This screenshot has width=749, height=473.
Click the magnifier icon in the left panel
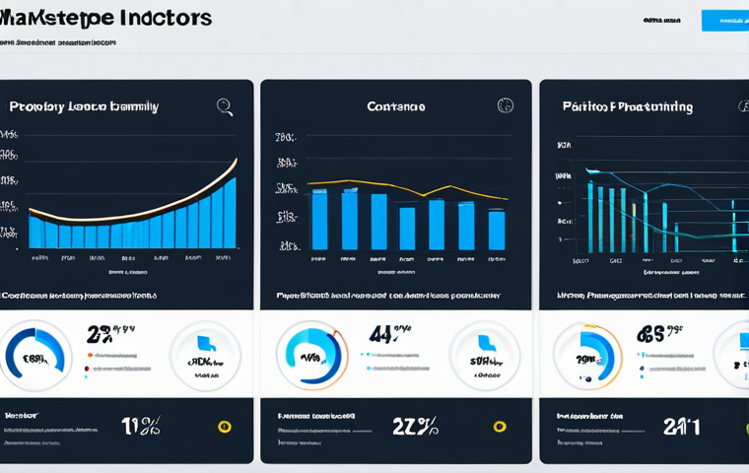[225, 106]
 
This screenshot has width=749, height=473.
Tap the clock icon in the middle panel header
[506, 105]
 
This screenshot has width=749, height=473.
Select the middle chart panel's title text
[395, 106]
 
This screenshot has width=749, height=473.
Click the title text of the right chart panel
[627, 106]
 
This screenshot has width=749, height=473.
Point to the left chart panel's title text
[84, 106]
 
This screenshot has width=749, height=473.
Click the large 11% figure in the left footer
[141, 426]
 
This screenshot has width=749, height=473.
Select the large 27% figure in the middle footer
[415, 426]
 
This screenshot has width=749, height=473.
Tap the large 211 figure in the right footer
[681, 426]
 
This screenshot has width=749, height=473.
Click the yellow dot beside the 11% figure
[224, 427]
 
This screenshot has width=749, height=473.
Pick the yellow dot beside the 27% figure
[500, 427]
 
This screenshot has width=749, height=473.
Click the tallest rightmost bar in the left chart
[230, 213]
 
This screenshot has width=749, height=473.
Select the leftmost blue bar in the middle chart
[319, 220]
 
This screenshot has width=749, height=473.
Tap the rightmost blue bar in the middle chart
[497, 230]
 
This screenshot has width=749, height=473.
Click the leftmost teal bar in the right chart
[590, 217]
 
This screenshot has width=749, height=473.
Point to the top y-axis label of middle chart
[286, 137]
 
